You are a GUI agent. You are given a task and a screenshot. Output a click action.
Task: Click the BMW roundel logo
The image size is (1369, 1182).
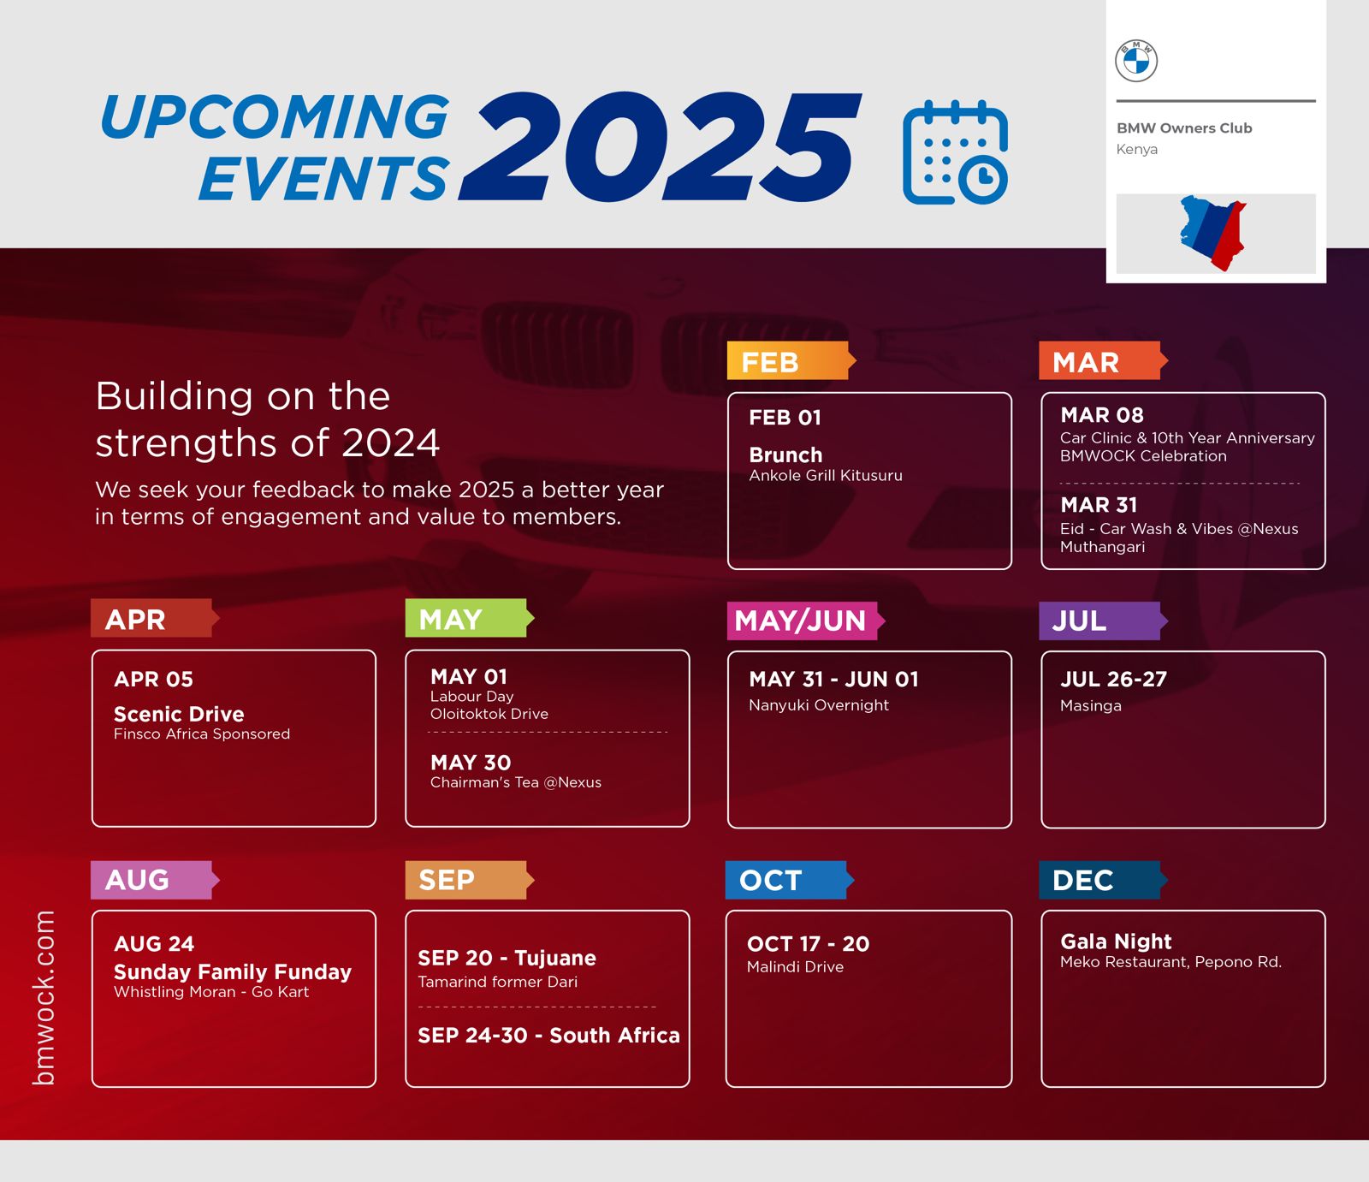point(1136,61)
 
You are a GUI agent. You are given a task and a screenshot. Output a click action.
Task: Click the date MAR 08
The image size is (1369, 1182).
point(1102,415)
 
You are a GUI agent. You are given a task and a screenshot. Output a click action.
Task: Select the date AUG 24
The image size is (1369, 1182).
point(154,944)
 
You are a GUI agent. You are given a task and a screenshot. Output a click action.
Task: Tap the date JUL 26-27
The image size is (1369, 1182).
point(1113,680)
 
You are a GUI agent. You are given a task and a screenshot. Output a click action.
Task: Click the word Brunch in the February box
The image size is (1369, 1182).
point(785,455)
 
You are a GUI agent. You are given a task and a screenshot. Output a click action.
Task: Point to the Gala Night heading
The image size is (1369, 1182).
point(1116,941)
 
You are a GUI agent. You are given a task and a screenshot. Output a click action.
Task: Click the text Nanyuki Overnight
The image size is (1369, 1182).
point(819,705)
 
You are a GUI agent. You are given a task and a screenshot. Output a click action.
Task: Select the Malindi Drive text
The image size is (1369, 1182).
point(795,967)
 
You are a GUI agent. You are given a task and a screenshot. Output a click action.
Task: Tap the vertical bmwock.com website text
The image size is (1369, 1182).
point(44,998)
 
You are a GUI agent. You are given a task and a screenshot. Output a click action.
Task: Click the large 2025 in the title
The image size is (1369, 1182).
point(660,147)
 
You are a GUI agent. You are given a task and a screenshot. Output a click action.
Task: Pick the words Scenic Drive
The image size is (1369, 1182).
point(179,714)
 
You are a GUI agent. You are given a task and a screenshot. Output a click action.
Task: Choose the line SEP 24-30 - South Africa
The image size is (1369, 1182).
point(548,1036)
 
